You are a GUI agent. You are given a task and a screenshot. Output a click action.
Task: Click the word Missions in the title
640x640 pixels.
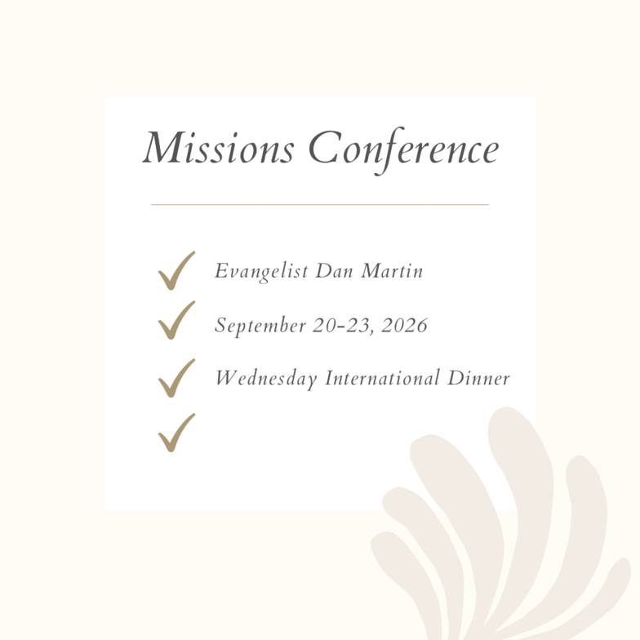219,148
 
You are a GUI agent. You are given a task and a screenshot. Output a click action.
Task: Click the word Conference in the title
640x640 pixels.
403,150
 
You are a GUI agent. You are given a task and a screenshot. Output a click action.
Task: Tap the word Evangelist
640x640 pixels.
261,271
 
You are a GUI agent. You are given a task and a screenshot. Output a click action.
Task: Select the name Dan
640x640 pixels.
335,271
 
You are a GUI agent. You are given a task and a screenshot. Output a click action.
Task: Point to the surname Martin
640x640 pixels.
392,271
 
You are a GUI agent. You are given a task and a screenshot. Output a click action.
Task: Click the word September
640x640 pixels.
260,326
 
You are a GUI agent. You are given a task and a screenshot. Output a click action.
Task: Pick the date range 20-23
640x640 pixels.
342,325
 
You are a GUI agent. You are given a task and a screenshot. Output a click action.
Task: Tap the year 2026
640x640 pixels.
405,325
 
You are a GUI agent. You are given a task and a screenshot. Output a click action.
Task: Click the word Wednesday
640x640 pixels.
266,379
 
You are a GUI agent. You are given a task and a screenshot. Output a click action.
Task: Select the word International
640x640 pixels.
382,377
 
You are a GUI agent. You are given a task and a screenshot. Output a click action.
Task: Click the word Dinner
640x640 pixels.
478,377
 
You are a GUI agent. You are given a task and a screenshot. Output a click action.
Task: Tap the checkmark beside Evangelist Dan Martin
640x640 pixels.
176,271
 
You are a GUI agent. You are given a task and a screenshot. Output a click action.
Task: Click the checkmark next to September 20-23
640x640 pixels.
176,320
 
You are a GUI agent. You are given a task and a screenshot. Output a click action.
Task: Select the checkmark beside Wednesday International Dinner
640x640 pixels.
176,379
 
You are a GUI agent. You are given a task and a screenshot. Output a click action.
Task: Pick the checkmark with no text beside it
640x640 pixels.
176,433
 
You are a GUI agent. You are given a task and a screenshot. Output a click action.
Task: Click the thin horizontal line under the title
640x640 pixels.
320,204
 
